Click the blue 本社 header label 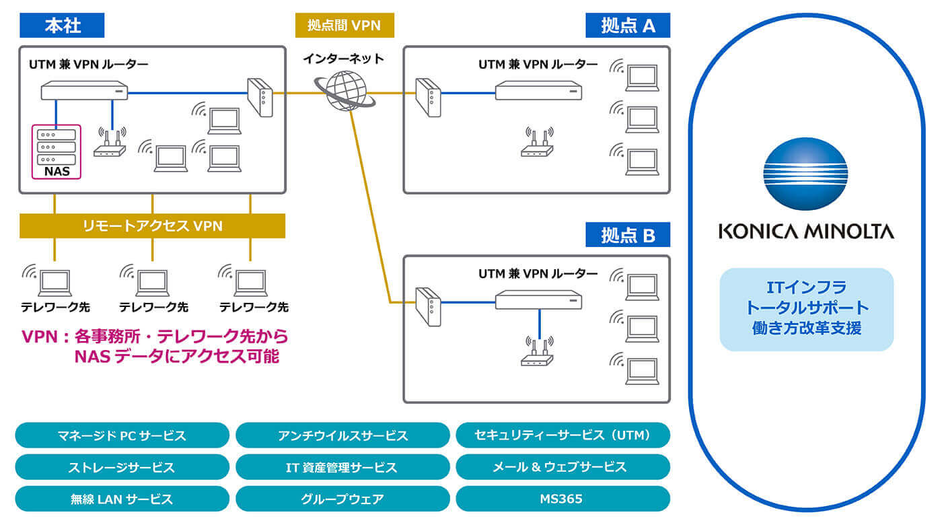[62, 26]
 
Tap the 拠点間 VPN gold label [344, 26]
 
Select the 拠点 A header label [628, 26]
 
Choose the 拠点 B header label [628, 235]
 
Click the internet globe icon [345, 90]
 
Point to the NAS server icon [57, 146]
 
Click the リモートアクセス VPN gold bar [152, 226]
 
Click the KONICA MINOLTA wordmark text [805, 232]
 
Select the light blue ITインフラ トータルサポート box [806, 310]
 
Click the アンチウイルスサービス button [342, 435]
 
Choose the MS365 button [563, 499]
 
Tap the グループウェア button [342, 499]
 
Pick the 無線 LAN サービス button [122, 499]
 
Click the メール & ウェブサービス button [563, 467]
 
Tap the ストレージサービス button [122, 467]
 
